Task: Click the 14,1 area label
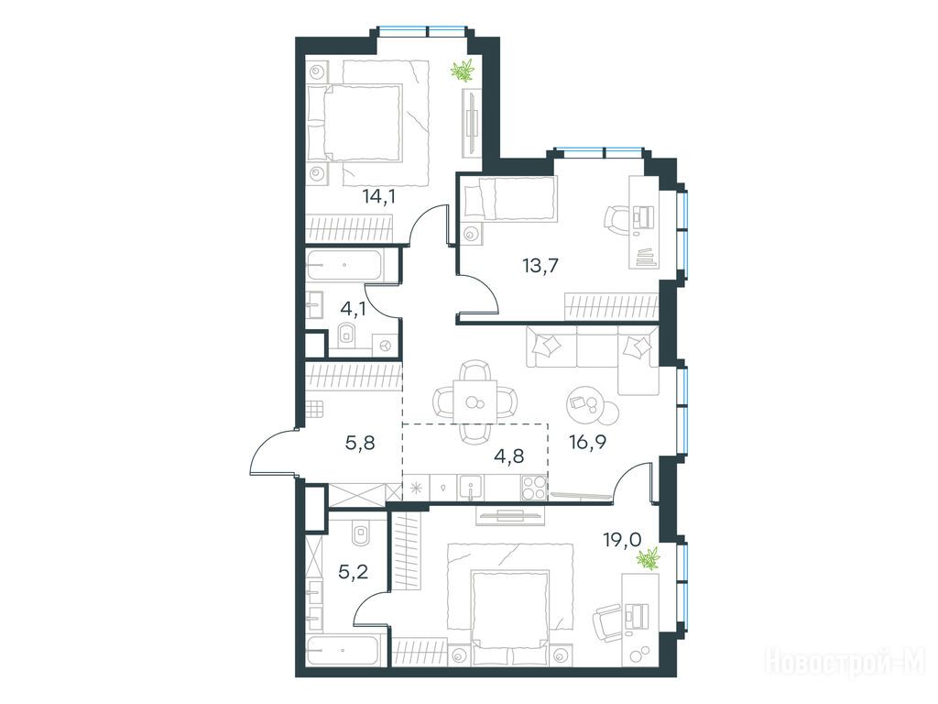(x=378, y=196)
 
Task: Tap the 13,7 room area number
(x=540, y=265)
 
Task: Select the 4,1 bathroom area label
(x=353, y=309)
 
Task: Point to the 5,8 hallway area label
(x=360, y=443)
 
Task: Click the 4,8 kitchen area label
(x=509, y=456)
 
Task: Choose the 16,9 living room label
(x=588, y=443)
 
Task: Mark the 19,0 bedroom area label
(x=622, y=540)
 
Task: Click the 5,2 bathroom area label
(x=353, y=572)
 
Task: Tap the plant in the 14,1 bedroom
(x=462, y=71)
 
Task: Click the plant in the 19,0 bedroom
(x=648, y=560)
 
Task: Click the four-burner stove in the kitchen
(x=534, y=487)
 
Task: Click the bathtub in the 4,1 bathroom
(x=344, y=265)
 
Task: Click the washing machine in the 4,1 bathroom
(x=386, y=346)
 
